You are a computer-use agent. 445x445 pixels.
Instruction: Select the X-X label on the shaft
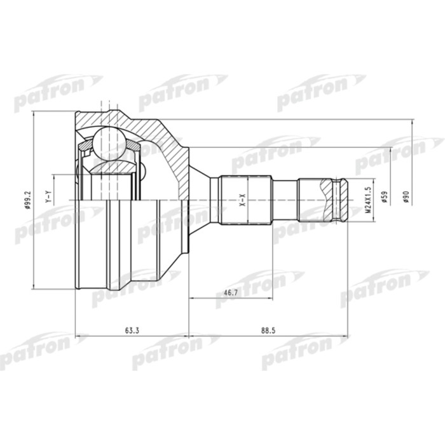[242, 200]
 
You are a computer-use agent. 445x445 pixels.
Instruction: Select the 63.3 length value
[132, 329]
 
